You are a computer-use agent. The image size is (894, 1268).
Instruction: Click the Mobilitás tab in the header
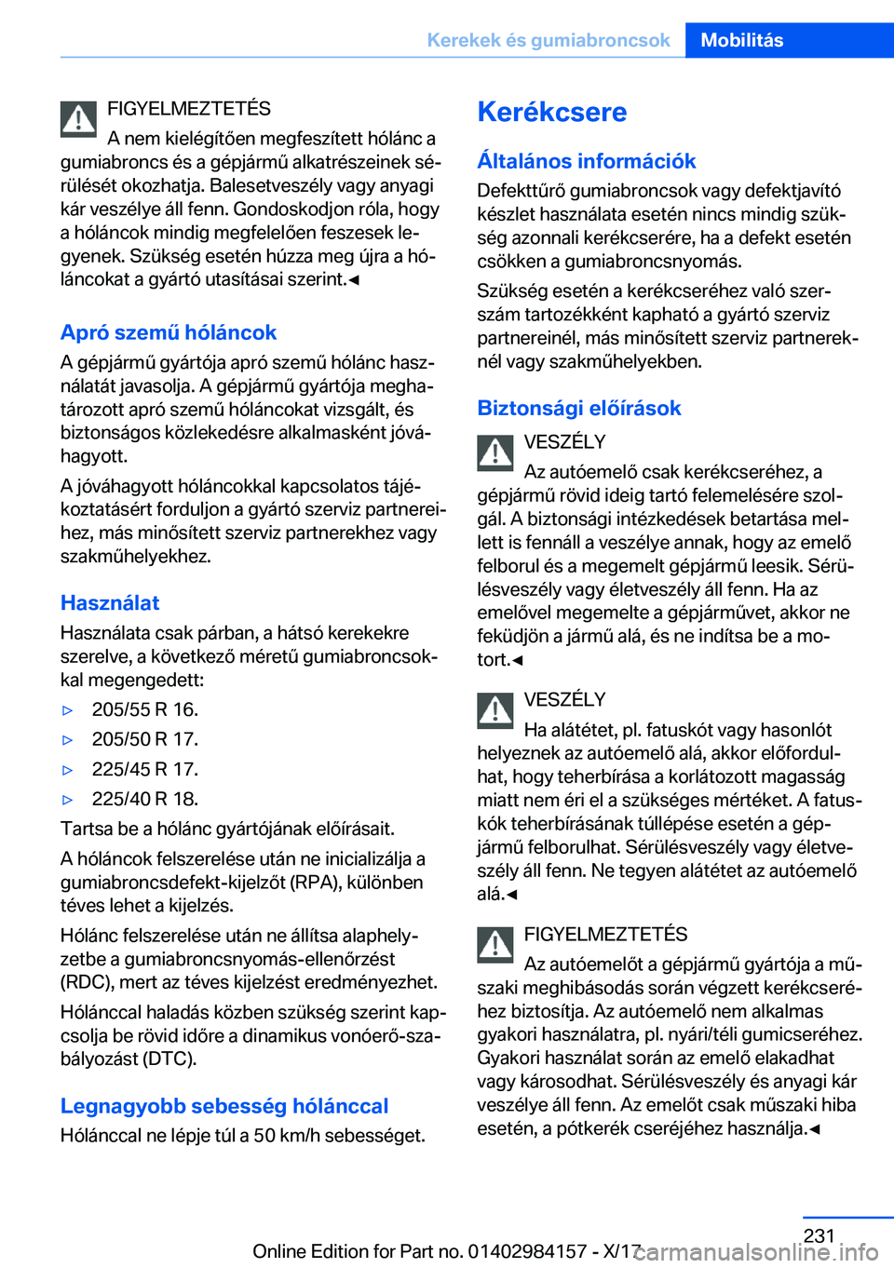pos(741,40)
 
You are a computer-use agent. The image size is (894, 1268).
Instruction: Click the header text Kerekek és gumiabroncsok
pos(548,40)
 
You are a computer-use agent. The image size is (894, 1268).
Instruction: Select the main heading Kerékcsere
pos(551,112)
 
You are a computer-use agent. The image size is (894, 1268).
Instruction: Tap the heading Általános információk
pos(586,161)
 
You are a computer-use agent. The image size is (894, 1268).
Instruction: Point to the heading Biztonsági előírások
pos(578,408)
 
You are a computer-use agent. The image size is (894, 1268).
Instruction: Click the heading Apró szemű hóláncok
pos(169,332)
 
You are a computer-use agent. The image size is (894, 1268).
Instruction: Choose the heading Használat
pos(110,602)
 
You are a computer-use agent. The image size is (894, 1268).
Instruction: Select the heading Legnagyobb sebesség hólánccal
pos(224,1106)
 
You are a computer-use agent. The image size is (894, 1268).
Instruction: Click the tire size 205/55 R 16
pos(144,709)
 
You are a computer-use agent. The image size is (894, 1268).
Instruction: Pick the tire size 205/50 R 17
pos(144,739)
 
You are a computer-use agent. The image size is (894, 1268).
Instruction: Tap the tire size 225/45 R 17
pos(144,769)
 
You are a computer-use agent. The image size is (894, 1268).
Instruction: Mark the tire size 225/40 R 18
pos(144,799)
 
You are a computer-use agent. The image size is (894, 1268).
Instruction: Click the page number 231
pos(819,1235)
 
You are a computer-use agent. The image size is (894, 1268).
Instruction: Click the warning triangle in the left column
pos(79,119)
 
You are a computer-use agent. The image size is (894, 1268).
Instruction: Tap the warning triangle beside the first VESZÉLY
pos(495,452)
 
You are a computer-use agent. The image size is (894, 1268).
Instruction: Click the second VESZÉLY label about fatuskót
pos(564,699)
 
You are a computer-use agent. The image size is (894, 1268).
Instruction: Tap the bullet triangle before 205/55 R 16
pos(67,710)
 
